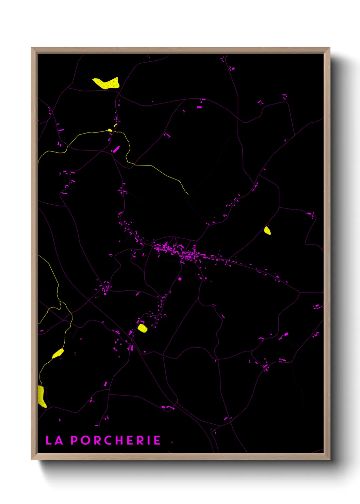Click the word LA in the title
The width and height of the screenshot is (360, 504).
click(x=54, y=440)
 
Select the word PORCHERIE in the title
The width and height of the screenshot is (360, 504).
click(x=115, y=440)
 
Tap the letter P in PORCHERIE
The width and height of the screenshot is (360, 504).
click(x=74, y=440)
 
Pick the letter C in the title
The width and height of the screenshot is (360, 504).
click(x=108, y=440)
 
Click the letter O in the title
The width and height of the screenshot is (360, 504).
click(x=85, y=440)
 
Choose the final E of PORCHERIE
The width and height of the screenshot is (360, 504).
click(x=157, y=440)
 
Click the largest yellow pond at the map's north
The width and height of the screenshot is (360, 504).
click(x=107, y=83)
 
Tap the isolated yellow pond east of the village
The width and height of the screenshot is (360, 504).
click(x=267, y=231)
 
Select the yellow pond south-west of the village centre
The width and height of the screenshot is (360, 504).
click(x=142, y=328)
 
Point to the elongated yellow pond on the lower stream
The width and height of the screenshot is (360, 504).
click(x=58, y=353)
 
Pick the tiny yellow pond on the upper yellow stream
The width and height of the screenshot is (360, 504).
click(x=110, y=130)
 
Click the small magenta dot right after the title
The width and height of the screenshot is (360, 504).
click(x=172, y=442)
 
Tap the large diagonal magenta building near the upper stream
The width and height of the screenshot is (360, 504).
click(x=116, y=149)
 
